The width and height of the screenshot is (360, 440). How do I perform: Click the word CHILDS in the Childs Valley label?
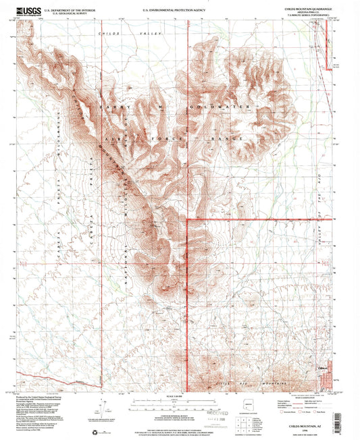[106, 32]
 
